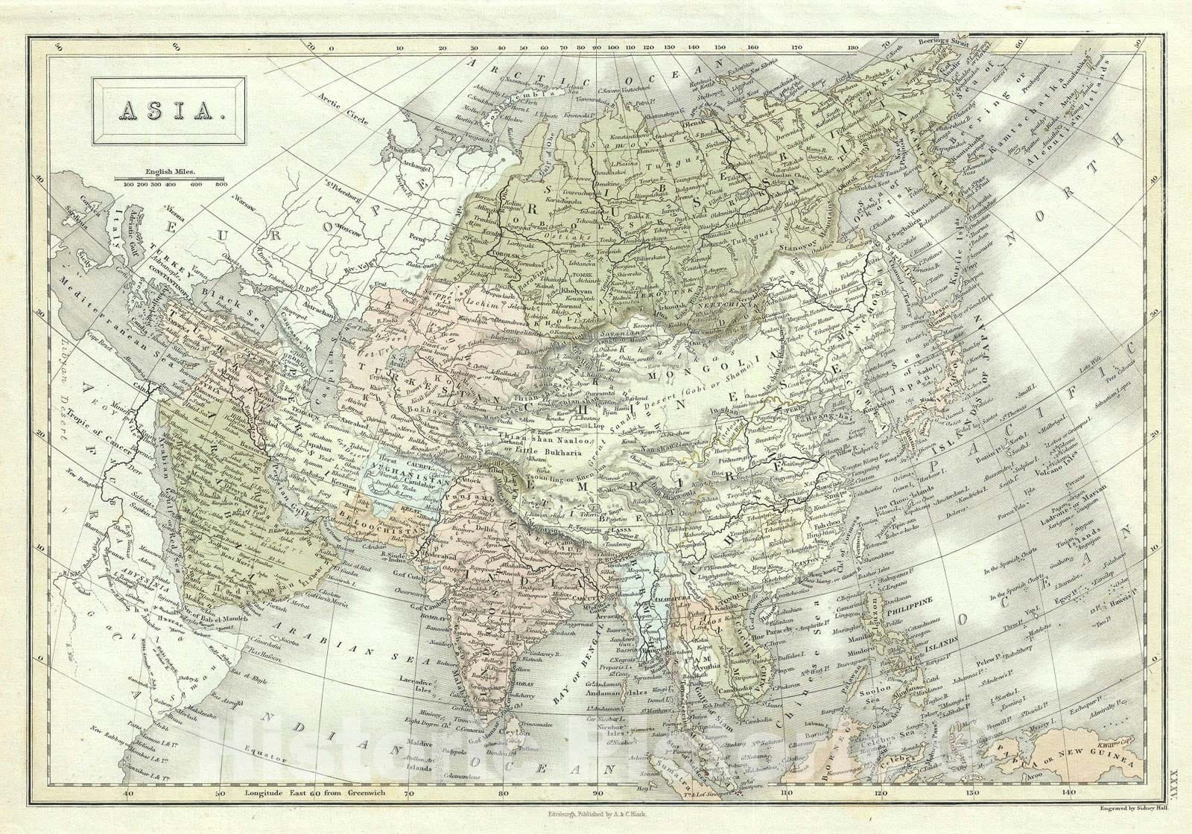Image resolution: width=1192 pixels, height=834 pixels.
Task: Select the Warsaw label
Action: coord(244,200)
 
